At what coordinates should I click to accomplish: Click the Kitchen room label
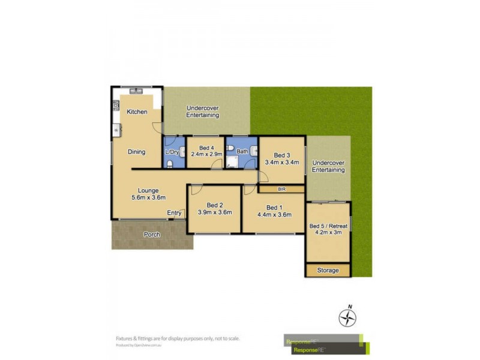[x=137, y=112]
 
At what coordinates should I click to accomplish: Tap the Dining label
[x=137, y=152]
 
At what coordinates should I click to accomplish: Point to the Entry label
[x=175, y=213]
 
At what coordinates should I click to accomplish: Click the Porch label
[x=152, y=235]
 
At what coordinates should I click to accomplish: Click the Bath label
[x=242, y=152]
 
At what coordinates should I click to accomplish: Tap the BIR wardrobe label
[x=281, y=190]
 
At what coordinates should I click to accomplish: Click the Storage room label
[x=328, y=271]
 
